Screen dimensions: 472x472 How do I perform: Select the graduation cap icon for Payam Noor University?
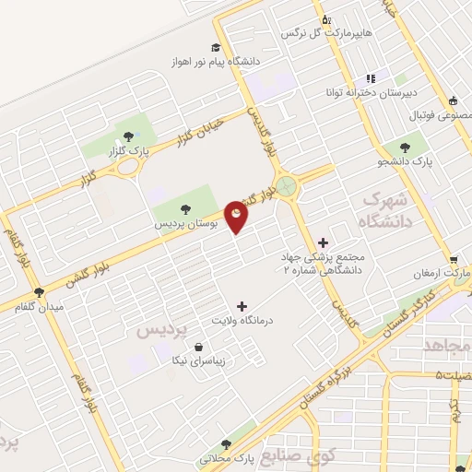[215, 48]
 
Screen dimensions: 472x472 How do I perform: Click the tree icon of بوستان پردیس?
[184, 208]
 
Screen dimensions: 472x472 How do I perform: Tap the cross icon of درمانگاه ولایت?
[242, 305]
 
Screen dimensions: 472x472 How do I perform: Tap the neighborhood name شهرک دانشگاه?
[383, 208]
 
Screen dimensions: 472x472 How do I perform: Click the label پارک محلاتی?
[227, 459]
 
